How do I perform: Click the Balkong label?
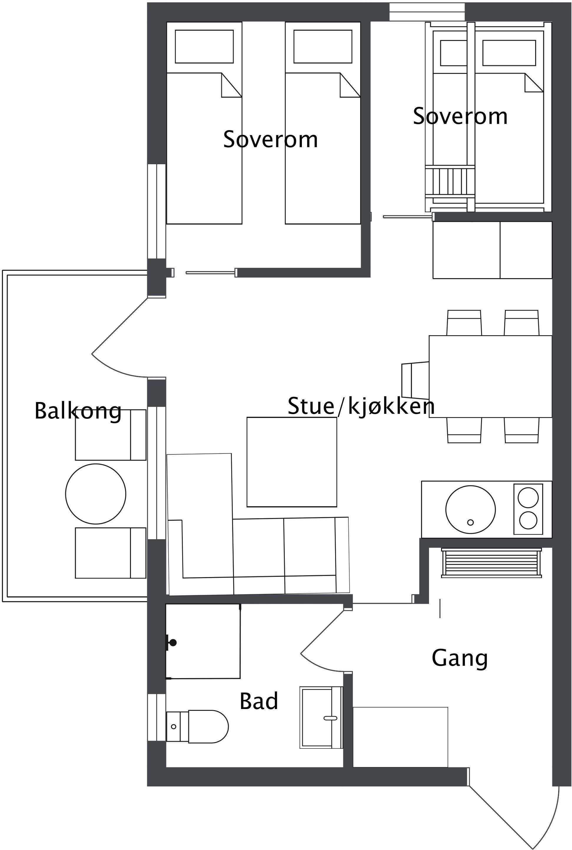[x=78, y=411]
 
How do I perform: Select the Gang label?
[x=459, y=658]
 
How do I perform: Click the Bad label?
[x=259, y=701]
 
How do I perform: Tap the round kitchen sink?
[x=470, y=509]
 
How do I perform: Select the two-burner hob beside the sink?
[x=528, y=509]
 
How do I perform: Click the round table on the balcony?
[x=96, y=494]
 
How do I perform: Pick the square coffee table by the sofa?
[x=292, y=462]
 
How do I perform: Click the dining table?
[x=490, y=376]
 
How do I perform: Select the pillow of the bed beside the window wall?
[x=204, y=46]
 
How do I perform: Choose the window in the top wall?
[x=427, y=12]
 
